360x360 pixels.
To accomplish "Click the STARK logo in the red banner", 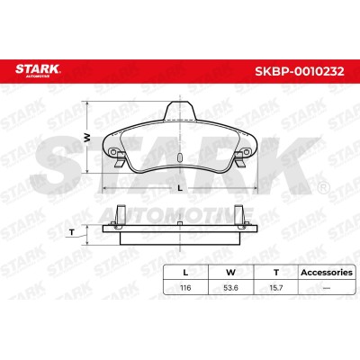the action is point(38,70).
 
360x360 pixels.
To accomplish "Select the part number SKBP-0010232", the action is point(299,71).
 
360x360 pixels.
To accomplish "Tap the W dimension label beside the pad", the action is point(87,138).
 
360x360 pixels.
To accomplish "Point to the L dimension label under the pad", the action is point(180,188).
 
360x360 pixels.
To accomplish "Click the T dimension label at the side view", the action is point(72,232).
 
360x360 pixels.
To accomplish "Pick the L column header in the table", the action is point(185,273).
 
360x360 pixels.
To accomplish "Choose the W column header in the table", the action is point(230,273).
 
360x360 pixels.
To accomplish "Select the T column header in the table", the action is point(276,273).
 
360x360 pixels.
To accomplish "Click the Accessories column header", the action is point(327,273).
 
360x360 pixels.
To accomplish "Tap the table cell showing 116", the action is point(185,288).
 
